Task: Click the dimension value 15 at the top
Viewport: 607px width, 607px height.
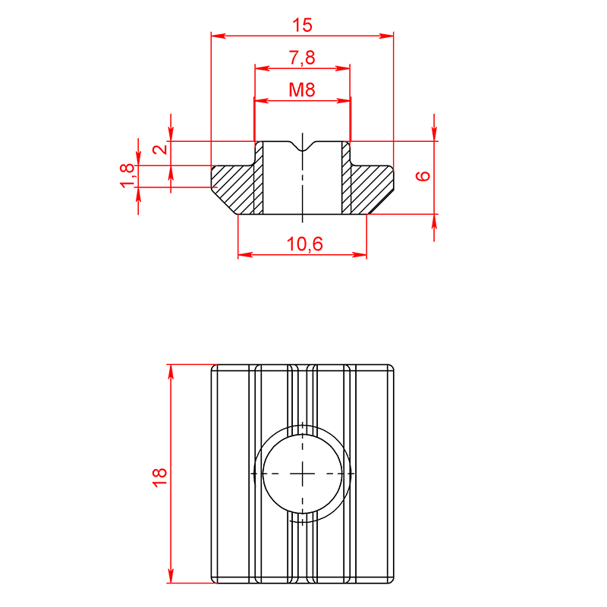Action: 302,25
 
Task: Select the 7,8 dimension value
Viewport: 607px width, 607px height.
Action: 302,58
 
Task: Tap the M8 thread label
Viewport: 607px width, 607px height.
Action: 302,90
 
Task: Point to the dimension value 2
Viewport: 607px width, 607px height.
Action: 160,149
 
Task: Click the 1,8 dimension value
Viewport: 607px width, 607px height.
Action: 127,176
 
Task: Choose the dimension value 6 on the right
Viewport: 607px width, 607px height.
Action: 423,176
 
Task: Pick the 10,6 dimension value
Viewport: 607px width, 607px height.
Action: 305,244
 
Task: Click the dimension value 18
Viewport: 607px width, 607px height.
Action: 159,477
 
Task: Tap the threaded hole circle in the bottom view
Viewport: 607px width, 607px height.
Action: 302,473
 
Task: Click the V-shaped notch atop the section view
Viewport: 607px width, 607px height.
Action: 302,147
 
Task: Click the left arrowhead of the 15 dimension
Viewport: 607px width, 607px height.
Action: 219,36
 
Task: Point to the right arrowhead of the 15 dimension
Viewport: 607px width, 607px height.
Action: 386,36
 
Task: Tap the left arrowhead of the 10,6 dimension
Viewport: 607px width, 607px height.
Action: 245,255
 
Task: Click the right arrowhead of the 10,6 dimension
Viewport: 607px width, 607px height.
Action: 360,255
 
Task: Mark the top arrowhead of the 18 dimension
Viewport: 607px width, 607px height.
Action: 171,372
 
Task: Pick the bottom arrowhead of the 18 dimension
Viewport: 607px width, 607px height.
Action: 171,576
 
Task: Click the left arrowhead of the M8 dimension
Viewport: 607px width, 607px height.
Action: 261,101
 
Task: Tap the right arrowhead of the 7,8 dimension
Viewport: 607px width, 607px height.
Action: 343,68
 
